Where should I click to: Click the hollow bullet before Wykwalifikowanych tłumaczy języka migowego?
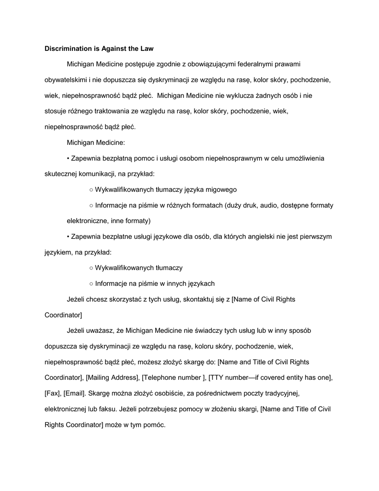coord(91,189)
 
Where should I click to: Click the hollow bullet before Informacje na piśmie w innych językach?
coord(91,283)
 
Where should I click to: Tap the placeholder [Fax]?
coord(53,393)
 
